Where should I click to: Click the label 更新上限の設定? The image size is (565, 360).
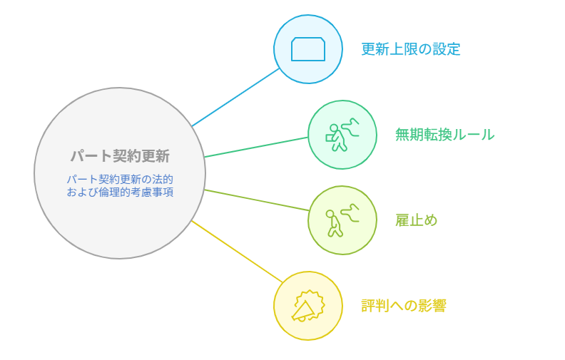pyautogui.click(x=411, y=49)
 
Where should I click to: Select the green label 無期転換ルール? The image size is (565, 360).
pyautogui.click(x=444, y=135)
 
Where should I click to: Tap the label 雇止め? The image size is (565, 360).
pyautogui.click(x=416, y=220)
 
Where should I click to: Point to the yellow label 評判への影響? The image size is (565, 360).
pyautogui.click(x=404, y=306)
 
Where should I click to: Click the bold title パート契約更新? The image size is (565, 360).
pyautogui.click(x=120, y=156)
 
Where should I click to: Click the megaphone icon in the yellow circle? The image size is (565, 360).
pyautogui.click(x=308, y=306)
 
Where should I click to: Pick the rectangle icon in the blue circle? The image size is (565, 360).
pyautogui.click(x=308, y=49)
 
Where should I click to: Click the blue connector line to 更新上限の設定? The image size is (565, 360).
pyautogui.click(x=235, y=97)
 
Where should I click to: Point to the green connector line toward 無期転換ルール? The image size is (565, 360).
pyautogui.click(x=256, y=147)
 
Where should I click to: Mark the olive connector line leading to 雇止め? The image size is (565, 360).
pyautogui.click(x=257, y=200)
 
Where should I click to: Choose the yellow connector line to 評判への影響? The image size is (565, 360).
pyautogui.click(x=237, y=251)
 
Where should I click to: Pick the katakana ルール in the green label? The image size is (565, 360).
pyautogui.click(x=474, y=135)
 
